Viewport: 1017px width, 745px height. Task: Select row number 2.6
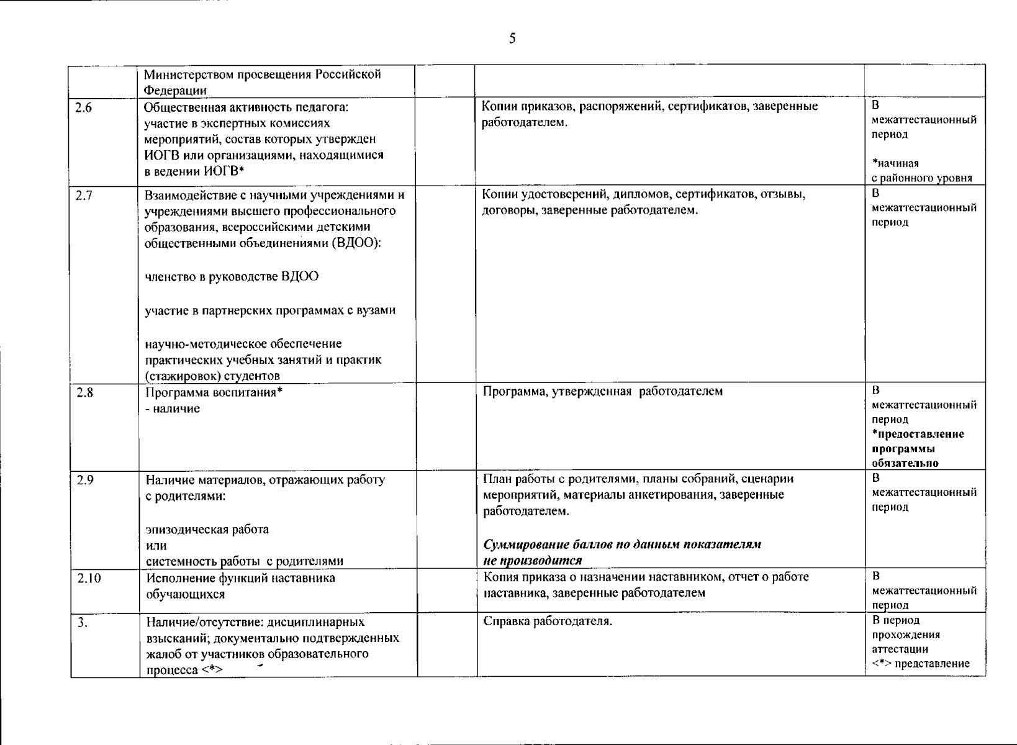tap(83, 107)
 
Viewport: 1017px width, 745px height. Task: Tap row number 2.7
tap(83, 196)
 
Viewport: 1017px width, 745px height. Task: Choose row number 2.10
tap(89, 579)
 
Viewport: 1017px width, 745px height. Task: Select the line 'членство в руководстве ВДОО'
tap(232, 276)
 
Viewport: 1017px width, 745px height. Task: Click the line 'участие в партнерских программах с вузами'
tap(270, 310)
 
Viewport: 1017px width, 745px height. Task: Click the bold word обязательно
tap(905, 463)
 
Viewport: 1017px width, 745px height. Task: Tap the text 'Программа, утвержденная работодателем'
tap(602, 392)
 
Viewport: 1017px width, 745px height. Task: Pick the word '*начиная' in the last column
tap(895, 163)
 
